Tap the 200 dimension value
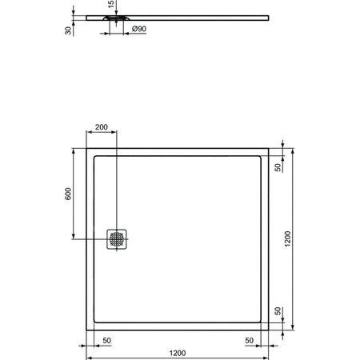[x=102, y=128]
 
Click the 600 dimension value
[x=68, y=194]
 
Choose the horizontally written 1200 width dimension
[x=178, y=352]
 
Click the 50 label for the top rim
[x=278, y=168]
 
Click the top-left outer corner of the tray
[x=86, y=148]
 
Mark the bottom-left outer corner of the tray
[x=86, y=330]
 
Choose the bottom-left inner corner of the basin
[x=95, y=322]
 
